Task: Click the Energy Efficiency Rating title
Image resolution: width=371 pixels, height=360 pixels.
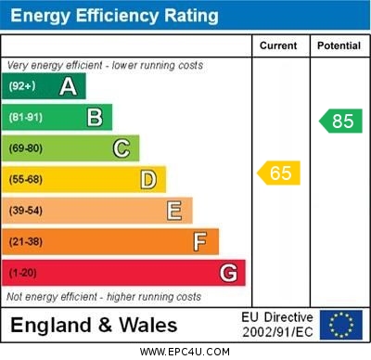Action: pos(114,16)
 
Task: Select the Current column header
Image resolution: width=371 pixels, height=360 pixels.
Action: pos(278,45)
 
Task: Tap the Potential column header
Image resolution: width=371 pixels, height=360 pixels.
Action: pos(339,45)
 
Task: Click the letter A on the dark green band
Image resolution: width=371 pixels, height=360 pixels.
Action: pos(68,86)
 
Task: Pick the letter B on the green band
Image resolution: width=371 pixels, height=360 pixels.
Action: pos(95,117)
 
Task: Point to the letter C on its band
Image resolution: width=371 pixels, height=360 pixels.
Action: pos(122,148)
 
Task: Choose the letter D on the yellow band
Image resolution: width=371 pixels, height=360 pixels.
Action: pos(148,179)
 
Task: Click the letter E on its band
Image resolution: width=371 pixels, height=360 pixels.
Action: pos(174,211)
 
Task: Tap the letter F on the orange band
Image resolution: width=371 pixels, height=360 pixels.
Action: pos(200,241)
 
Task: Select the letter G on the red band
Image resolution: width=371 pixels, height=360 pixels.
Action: pos(228,273)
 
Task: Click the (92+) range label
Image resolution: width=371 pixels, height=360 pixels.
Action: pos(22,86)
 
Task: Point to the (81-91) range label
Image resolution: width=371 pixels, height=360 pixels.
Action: pos(26,118)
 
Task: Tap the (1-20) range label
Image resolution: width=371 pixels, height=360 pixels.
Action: pos(23,274)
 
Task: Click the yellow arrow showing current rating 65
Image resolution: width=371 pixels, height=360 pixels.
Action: pos(279,173)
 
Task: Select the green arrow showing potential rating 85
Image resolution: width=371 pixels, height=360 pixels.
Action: pos(340,121)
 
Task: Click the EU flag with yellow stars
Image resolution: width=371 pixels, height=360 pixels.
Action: pos(340,325)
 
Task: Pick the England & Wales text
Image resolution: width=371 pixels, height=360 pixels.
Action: pos(93,326)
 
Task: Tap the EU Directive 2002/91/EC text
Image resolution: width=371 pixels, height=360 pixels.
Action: pos(277,325)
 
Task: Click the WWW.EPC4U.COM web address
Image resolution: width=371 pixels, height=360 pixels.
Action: pos(185,352)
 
